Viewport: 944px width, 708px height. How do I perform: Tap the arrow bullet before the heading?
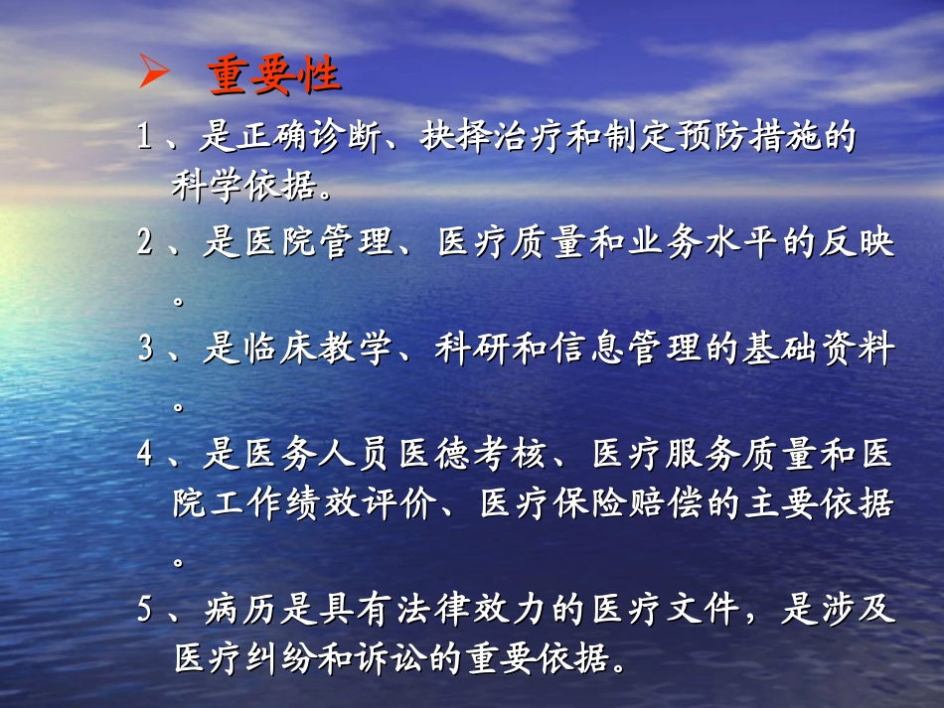153,73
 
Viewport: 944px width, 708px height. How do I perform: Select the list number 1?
145,138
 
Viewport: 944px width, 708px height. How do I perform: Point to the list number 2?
145,244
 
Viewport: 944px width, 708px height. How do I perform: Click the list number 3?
145,351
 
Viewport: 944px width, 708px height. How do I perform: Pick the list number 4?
145,455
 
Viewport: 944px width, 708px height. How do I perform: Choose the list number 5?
145,609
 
